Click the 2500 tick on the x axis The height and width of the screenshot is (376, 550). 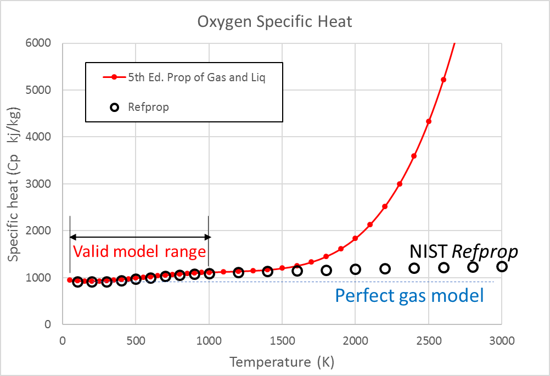pyautogui.click(x=428, y=340)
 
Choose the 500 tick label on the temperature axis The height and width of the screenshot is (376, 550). pyautogui.click(x=136, y=340)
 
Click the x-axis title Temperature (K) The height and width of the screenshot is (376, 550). pyautogui.click(x=282, y=362)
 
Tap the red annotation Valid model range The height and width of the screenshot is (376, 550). pyautogui.click(x=139, y=251)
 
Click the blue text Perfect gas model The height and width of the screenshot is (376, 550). pyautogui.click(x=409, y=296)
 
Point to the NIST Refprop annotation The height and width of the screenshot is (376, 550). pyautogui.click(x=464, y=251)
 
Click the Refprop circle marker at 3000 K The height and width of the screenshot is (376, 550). pyautogui.click(x=502, y=267)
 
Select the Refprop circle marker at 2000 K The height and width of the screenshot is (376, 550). pyautogui.click(x=356, y=269)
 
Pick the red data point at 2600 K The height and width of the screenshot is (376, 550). pyautogui.click(x=444, y=80)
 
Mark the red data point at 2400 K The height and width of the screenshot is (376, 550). pyautogui.click(x=414, y=156)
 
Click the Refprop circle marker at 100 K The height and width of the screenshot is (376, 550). pyautogui.click(x=77, y=282)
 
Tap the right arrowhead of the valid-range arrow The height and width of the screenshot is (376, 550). pyautogui.click(x=207, y=237)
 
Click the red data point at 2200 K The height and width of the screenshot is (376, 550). pyautogui.click(x=385, y=206)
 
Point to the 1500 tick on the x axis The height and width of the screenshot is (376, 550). pyautogui.click(x=282, y=340)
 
